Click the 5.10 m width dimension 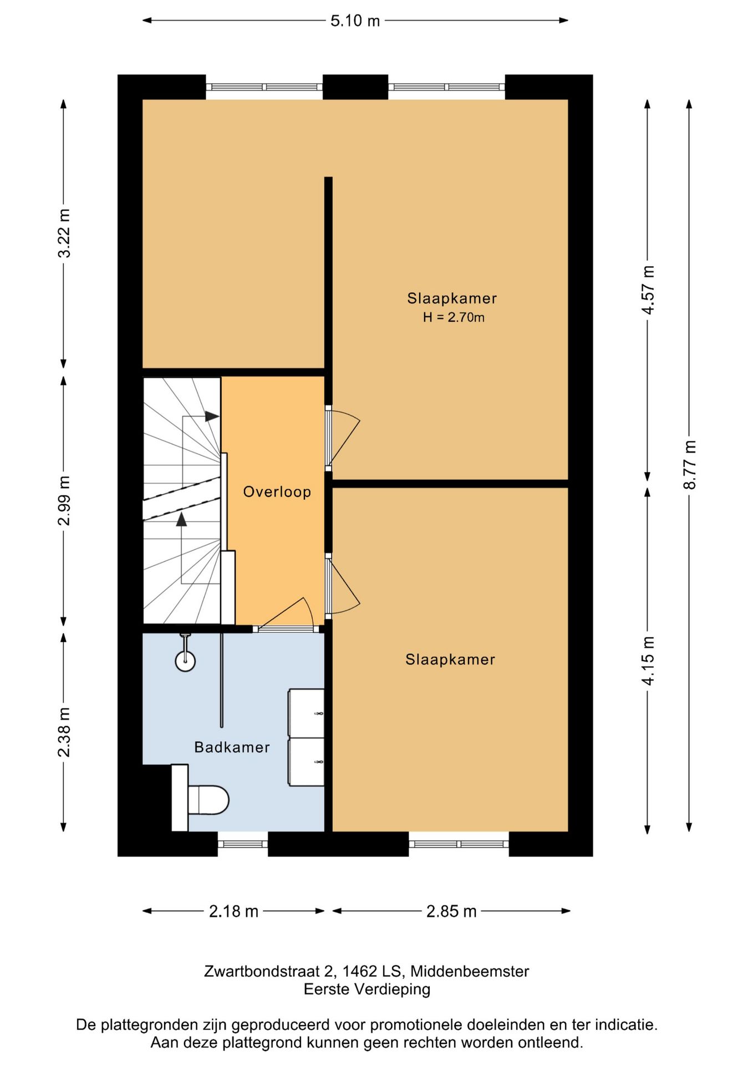[x=355, y=21]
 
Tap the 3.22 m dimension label [x=64, y=233]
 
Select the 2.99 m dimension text [x=64, y=500]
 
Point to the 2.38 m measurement [x=64, y=732]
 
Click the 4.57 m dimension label [x=648, y=290]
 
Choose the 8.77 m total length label [x=690, y=465]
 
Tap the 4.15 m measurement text [x=648, y=660]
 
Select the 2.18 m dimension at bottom [x=233, y=911]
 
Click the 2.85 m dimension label [x=451, y=911]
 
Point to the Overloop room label [x=277, y=492]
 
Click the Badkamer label [x=232, y=747]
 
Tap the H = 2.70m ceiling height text [x=454, y=317]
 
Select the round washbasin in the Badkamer [x=185, y=661]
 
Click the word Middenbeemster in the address [x=470, y=971]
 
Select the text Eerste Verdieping [x=367, y=989]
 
